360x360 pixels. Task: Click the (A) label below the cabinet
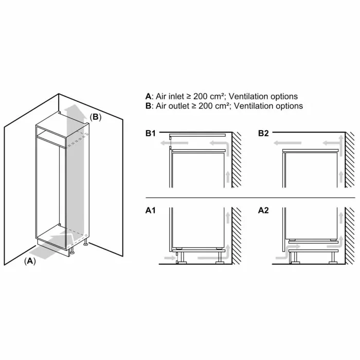pos(30,261)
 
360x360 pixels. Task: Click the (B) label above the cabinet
pos(95,117)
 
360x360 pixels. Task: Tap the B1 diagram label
pos(151,133)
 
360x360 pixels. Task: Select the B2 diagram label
pos(263,133)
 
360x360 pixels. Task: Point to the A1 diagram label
pos(151,210)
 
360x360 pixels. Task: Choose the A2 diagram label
pos(263,210)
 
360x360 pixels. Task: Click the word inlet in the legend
pos(176,97)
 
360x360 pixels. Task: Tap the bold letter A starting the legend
pos(148,97)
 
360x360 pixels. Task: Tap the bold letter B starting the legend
pos(148,106)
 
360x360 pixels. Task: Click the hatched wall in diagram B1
pos(237,160)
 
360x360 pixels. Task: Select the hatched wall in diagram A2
pos(350,236)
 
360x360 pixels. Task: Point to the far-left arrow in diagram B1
pos(174,143)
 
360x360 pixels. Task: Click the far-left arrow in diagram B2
pos(287,143)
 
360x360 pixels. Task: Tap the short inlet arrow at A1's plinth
pos(170,258)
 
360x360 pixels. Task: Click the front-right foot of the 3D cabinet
pos(72,250)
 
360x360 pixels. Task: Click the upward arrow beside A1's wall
pos(228,218)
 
